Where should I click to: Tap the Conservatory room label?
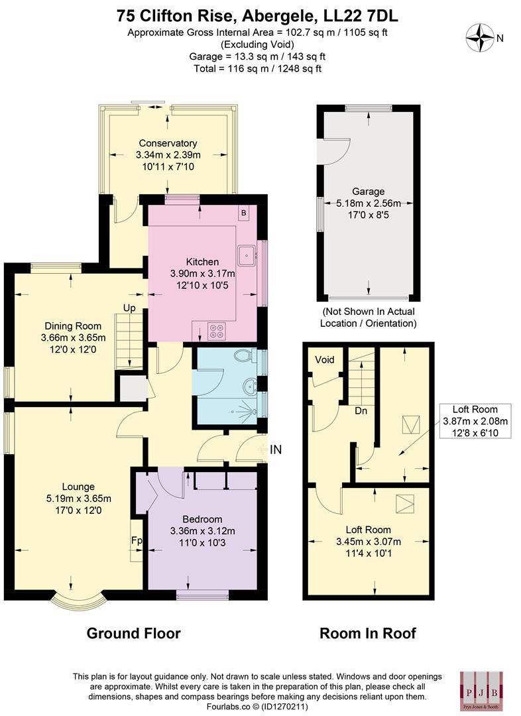(168, 143)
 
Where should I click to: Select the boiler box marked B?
(244, 213)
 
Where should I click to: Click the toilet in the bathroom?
(246, 356)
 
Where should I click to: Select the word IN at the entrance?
(276, 449)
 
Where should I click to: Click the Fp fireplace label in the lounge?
(136, 540)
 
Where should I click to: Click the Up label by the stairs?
(129, 308)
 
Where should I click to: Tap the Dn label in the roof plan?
(361, 411)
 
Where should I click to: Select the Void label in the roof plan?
(325, 360)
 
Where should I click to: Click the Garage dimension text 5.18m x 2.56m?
(369, 203)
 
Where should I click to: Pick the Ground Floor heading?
(134, 633)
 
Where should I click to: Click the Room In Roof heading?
(368, 633)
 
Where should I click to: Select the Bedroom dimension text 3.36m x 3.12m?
(202, 530)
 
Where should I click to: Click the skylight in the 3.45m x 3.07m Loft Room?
(403, 505)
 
